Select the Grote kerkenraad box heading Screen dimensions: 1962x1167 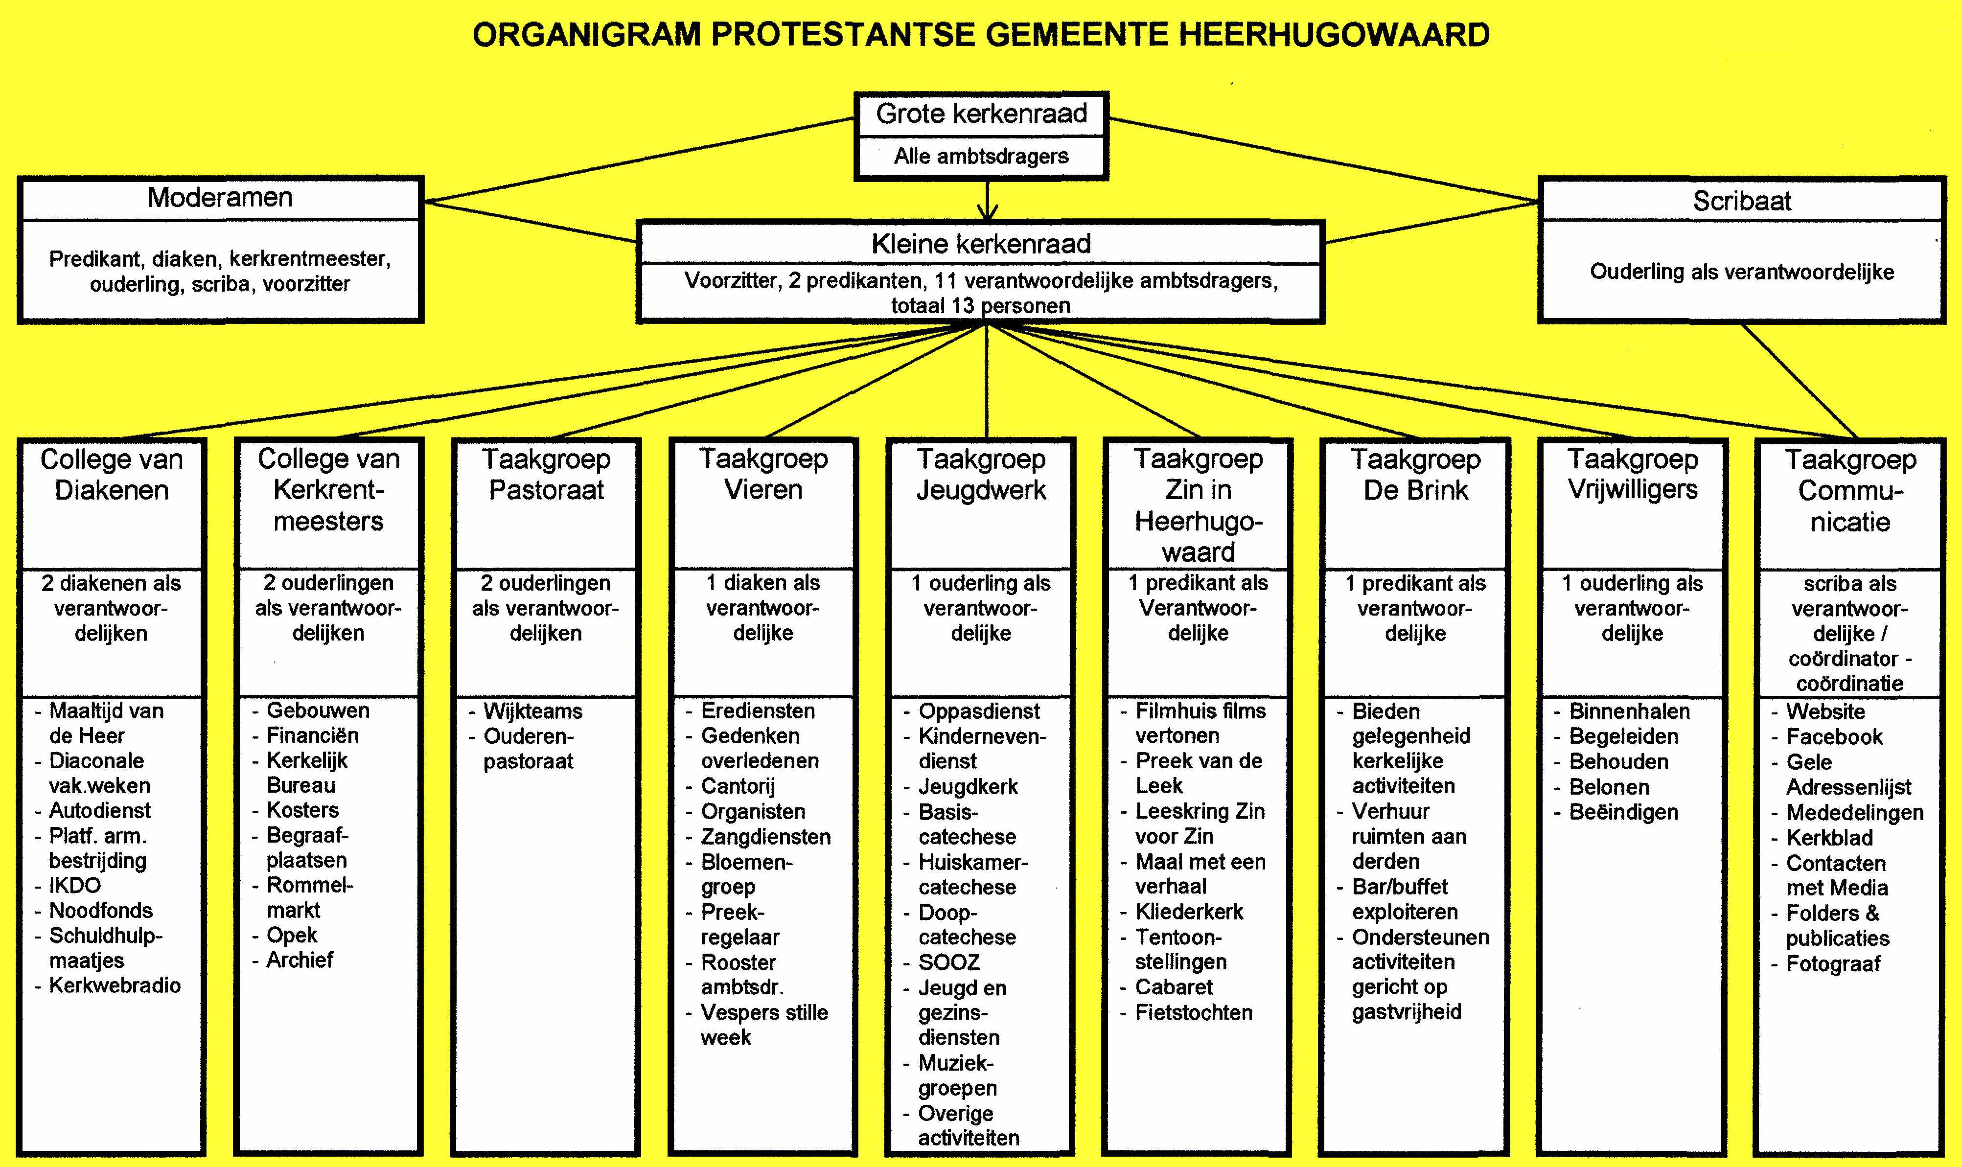[x=981, y=114]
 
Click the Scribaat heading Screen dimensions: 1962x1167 [x=1742, y=201]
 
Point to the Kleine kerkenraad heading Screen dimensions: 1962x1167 [x=981, y=244]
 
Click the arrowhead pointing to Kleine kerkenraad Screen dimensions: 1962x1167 [x=987, y=212]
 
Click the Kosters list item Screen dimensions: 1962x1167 [x=303, y=809]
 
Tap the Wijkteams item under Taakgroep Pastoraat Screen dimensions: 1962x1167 [x=532, y=711]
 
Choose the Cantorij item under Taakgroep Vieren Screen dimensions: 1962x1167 [x=738, y=786]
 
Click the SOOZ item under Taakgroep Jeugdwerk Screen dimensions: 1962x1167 [x=949, y=962]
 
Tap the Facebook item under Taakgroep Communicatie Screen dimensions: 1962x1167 [x=1835, y=737]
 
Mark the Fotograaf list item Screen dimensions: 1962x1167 [x=1833, y=963]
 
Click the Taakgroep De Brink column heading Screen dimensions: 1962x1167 [x=1415, y=474]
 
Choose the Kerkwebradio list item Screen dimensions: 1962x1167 [x=115, y=985]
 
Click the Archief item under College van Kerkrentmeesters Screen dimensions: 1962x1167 [x=300, y=960]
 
